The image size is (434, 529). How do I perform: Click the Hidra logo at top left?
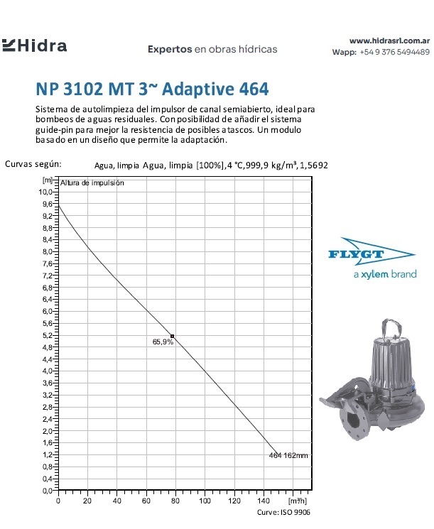coord(35,46)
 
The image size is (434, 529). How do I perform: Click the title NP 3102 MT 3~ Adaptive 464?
coord(152,89)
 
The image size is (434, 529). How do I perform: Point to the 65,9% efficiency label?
coord(163,342)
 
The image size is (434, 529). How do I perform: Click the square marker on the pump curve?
coord(172,335)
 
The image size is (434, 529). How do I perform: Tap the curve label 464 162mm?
coord(288,455)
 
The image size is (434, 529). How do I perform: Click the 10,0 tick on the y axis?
coord(45,192)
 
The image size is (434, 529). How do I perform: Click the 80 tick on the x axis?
coord(175,501)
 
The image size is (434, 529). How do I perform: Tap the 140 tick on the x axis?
coord(264,501)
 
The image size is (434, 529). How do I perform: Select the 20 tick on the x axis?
coord(87,501)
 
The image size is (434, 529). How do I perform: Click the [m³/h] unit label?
coord(299,501)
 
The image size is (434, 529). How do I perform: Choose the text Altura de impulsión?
coord(92,182)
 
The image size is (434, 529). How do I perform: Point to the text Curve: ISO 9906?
coord(283,512)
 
